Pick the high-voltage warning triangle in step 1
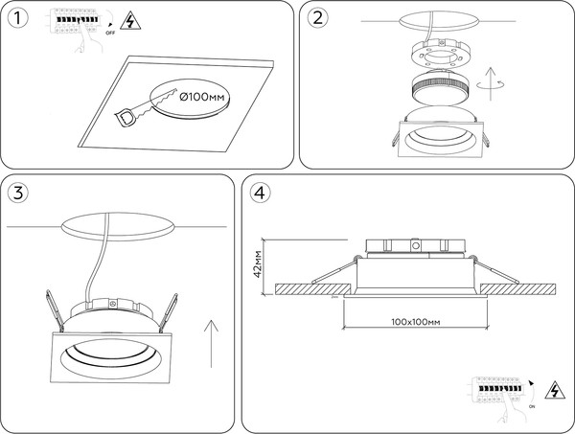point(127,21)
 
